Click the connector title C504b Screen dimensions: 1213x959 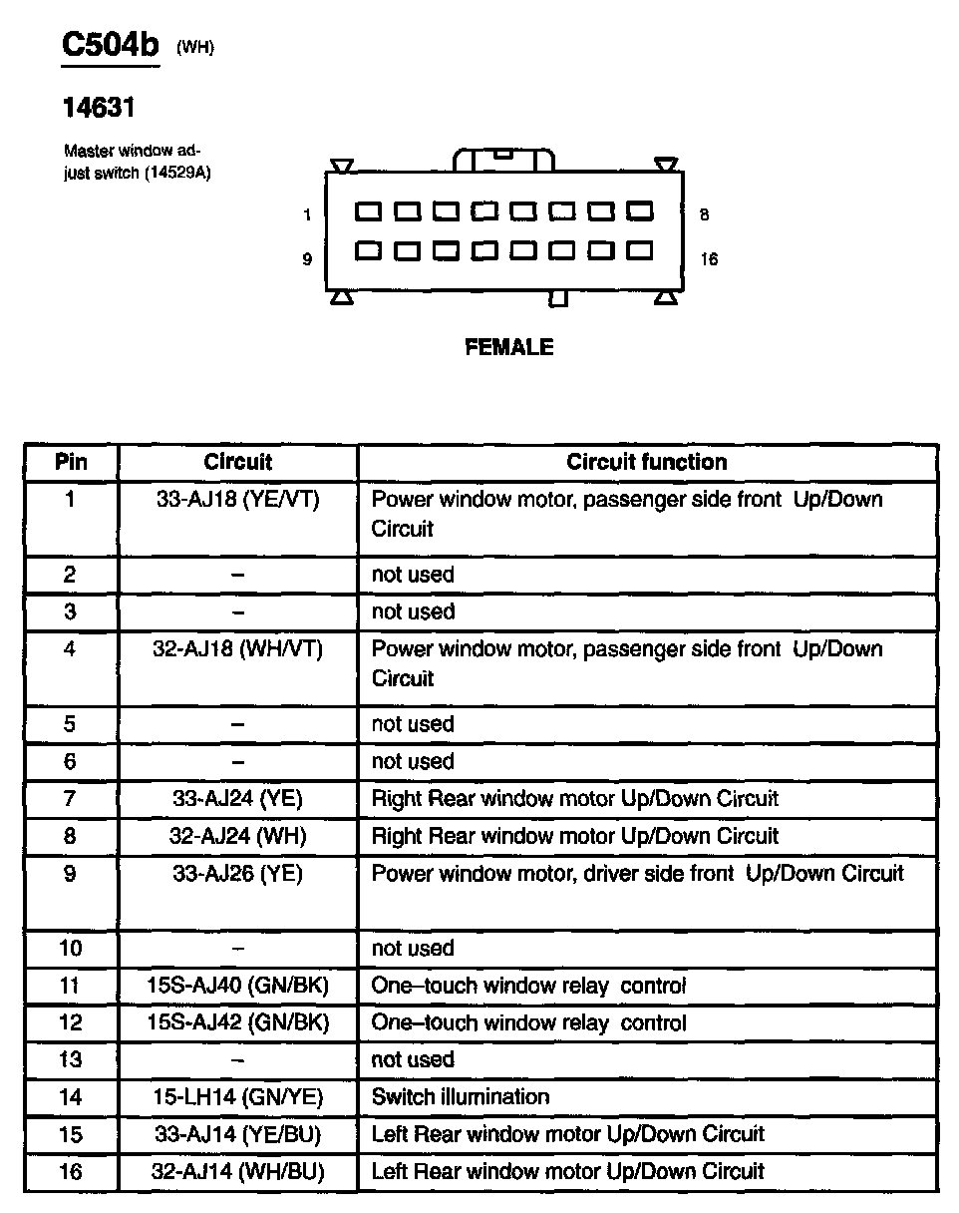click(x=110, y=47)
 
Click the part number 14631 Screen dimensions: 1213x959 click(x=99, y=108)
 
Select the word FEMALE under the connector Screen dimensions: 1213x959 click(x=508, y=347)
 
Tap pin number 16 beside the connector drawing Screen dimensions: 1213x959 click(x=709, y=259)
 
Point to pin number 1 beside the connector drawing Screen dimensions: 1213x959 click(x=307, y=214)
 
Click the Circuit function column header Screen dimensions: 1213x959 click(x=646, y=462)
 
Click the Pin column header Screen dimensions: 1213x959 click(x=70, y=462)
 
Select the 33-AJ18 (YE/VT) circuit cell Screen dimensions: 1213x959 click(x=237, y=500)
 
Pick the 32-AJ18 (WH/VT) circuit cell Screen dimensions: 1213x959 click(x=237, y=649)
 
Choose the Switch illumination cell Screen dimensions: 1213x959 click(x=460, y=1097)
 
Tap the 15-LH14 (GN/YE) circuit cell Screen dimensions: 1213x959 click(x=237, y=1097)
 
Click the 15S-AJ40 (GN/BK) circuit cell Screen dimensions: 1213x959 click(x=237, y=987)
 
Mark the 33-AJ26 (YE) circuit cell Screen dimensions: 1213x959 click(x=237, y=874)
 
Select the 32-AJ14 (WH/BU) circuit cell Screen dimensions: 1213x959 click(x=237, y=1172)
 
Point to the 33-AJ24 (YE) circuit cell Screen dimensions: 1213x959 click(x=237, y=799)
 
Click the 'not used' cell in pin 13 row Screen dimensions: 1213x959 click(x=413, y=1059)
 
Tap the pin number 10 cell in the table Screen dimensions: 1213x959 click(x=70, y=949)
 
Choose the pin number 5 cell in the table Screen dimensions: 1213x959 click(x=70, y=724)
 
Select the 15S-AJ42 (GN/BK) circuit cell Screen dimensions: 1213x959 click(x=237, y=1023)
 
